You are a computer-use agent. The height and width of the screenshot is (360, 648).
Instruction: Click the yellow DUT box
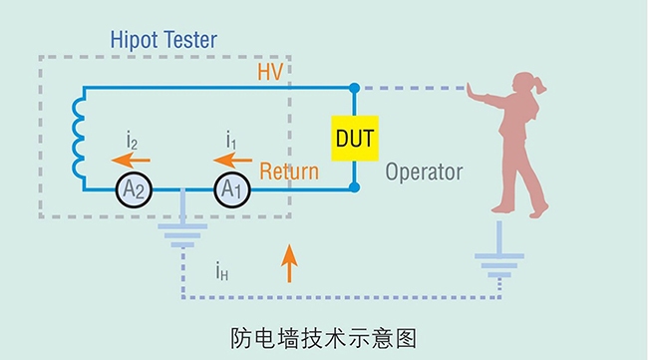coord(354,137)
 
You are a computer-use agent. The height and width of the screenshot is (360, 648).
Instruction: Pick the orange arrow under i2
coord(130,158)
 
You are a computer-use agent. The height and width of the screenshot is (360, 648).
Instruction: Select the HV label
coord(271,72)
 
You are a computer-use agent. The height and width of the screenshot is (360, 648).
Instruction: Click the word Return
coord(289,172)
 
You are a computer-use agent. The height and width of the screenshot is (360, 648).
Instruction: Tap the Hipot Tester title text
coord(163,41)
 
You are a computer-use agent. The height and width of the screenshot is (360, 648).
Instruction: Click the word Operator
coord(425,172)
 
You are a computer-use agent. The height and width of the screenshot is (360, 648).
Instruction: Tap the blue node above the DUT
coord(355,88)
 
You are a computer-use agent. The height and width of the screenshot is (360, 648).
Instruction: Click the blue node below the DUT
coord(355,187)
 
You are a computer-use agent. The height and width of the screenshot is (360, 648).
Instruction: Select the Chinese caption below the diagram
coord(322,337)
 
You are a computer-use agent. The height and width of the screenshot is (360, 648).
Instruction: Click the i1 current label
coord(230,138)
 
